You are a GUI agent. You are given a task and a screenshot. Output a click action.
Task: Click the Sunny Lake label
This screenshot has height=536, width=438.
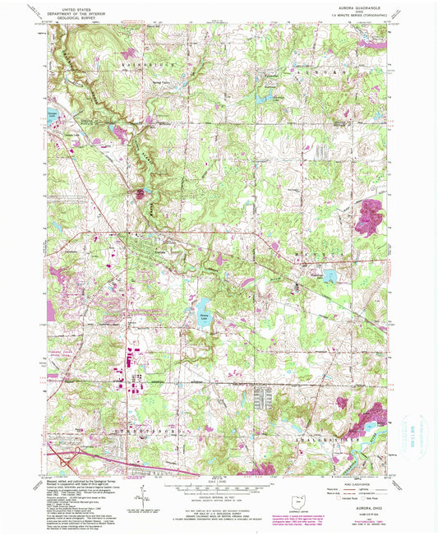pyautogui.click(x=204, y=315)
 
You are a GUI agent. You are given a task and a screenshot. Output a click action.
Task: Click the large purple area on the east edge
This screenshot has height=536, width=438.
pyautogui.click(x=375, y=213)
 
